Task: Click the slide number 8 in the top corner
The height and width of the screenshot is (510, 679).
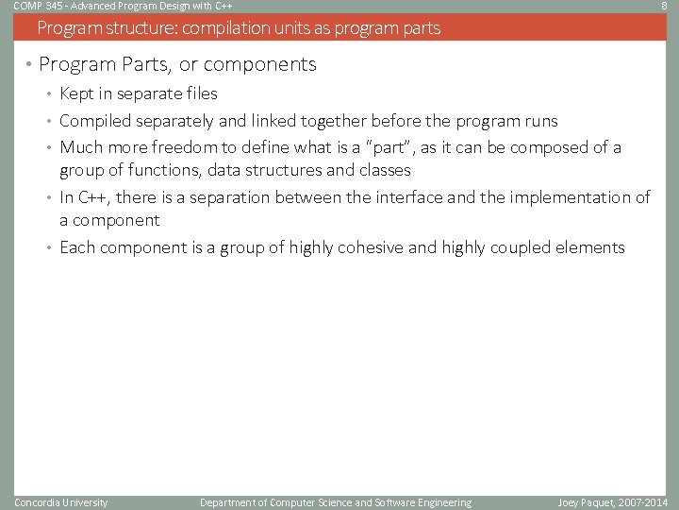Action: point(665,6)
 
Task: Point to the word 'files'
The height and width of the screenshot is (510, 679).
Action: point(199,93)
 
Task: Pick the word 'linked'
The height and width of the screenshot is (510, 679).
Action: point(279,121)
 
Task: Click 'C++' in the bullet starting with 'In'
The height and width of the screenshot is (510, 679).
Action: point(93,197)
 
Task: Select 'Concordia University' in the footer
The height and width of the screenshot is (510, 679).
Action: point(61,502)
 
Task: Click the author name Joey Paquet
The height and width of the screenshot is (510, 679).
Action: point(579,502)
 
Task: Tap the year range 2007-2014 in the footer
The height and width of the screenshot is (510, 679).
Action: point(641,502)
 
